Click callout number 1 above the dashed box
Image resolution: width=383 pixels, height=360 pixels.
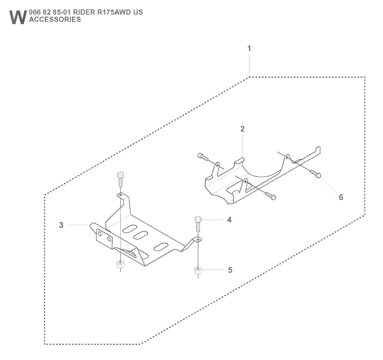pos(249,49)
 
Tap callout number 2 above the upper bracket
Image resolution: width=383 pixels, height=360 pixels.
pos(242,129)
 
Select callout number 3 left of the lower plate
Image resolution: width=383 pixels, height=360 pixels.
pos(61,225)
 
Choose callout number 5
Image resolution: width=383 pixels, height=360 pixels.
pos(230,270)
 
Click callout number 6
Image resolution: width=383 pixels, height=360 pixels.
pos(341,197)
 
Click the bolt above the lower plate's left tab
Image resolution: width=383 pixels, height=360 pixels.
pos(120,178)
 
